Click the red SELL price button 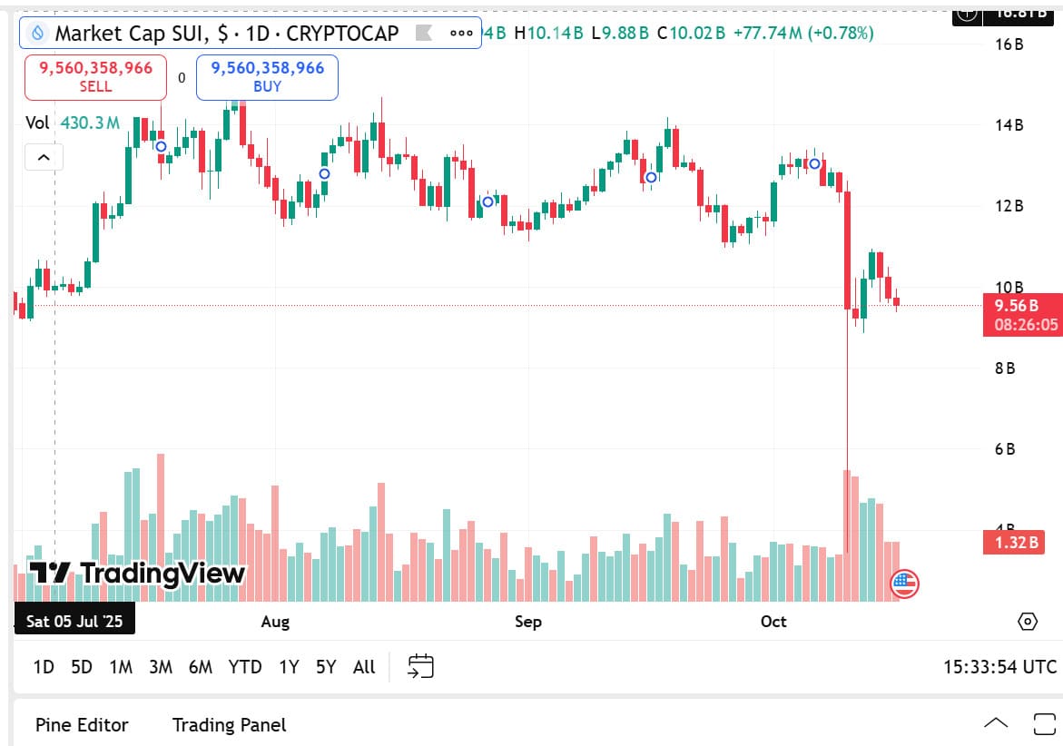pos(95,77)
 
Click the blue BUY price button pos(267,77)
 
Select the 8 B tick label pos(1005,368)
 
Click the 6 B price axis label pos(1005,449)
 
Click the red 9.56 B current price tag pos(1022,314)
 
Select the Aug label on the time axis pos(275,622)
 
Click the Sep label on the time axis pos(527,622)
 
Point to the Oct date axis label pos(773,622)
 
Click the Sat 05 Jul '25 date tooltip pos(75,622)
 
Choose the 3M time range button pos(161,667)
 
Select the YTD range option pos(245,667)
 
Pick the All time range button pos(364,667)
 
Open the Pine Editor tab pos(82,724)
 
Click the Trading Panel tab pos(229,724)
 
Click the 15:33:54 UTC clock pos(999,667)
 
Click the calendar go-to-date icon pos(420,667)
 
